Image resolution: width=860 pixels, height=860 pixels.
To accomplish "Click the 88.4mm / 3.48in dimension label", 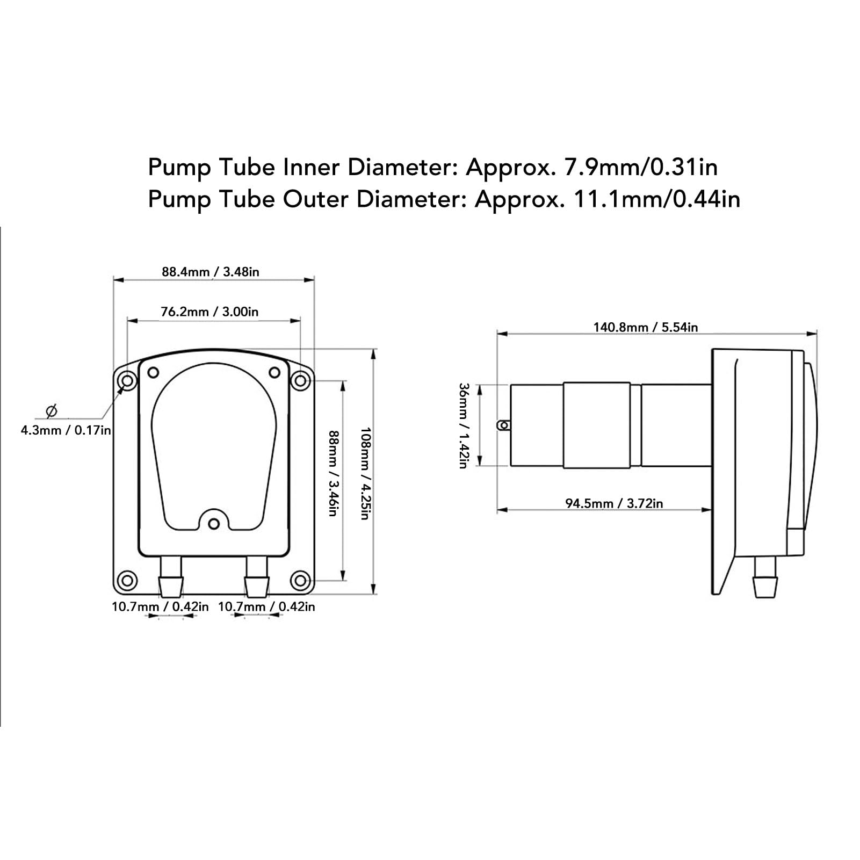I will tap(211, 272).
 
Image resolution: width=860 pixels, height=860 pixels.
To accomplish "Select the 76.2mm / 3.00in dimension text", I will tap(209, 312).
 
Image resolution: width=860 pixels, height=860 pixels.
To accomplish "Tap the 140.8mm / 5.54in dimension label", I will tap(645, 327).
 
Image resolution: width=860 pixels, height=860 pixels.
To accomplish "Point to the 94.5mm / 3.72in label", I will tap(614, 503).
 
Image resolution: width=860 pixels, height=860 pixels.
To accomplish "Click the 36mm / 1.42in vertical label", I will tap(464, 425).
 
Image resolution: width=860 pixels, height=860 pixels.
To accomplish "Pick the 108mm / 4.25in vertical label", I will tap(365, 473).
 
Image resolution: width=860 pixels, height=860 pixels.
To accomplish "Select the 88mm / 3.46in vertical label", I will tap(333, 473).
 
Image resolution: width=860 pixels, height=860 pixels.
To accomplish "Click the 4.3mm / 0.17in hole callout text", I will tap(66, 430).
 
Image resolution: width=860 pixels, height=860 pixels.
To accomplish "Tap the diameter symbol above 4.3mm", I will tap(52, 411).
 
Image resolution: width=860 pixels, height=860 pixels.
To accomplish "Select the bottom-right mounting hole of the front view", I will tap(300, 581).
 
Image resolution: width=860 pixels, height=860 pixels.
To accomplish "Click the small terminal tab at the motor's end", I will tap(503, 425).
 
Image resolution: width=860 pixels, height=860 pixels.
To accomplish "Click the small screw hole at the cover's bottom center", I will tap(214, 523).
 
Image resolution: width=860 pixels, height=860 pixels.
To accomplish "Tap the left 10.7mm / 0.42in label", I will tap(160, 606).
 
